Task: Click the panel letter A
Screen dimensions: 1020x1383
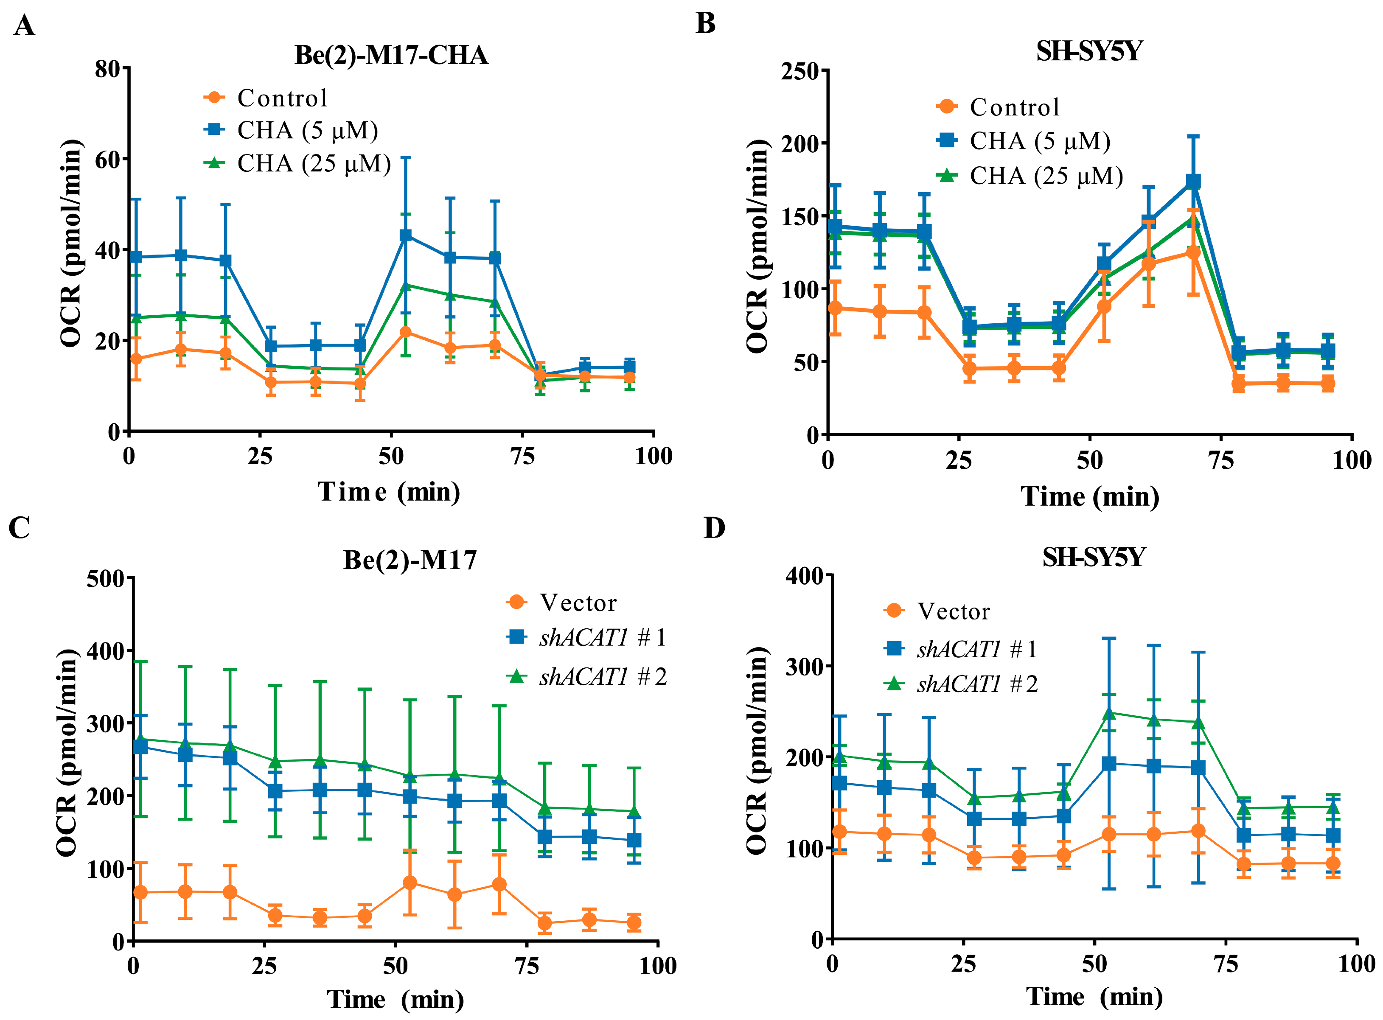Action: point(24,26)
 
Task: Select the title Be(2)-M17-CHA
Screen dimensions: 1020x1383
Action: point(391,55)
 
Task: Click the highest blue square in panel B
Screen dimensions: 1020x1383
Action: point(1193,182)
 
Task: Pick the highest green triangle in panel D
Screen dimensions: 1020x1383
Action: point(1109,714)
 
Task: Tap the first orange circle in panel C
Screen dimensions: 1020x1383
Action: point(141,892)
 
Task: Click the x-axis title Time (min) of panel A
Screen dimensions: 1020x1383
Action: point(389,492)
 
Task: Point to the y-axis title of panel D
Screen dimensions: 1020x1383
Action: point(757,750)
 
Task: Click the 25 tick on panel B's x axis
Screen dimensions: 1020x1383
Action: point(959,460)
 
